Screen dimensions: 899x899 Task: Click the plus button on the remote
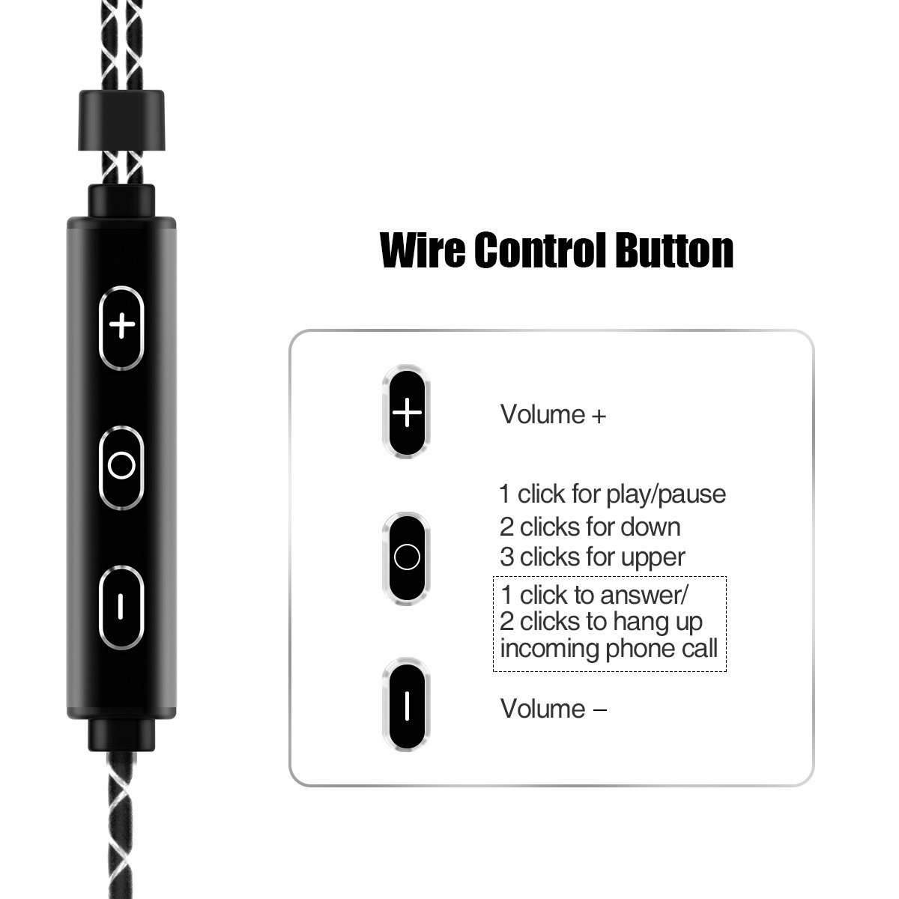coord(121,327)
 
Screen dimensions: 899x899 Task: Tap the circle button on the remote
coord(121,466)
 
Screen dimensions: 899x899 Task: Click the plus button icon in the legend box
coord(407,412)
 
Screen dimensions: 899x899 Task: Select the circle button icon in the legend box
coord(407,557)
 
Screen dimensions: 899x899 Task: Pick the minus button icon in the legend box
coord(407,704)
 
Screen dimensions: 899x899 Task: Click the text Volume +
coord(553,414)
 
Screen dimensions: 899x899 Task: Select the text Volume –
coord(553,709)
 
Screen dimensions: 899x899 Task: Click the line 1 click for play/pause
coord(613,494)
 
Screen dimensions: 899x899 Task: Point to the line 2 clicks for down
coord(590,527)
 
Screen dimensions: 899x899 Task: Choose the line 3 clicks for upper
coord(592,557)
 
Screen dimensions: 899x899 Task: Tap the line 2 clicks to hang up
coord(602,622)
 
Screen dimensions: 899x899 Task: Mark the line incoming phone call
coord(609,648)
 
